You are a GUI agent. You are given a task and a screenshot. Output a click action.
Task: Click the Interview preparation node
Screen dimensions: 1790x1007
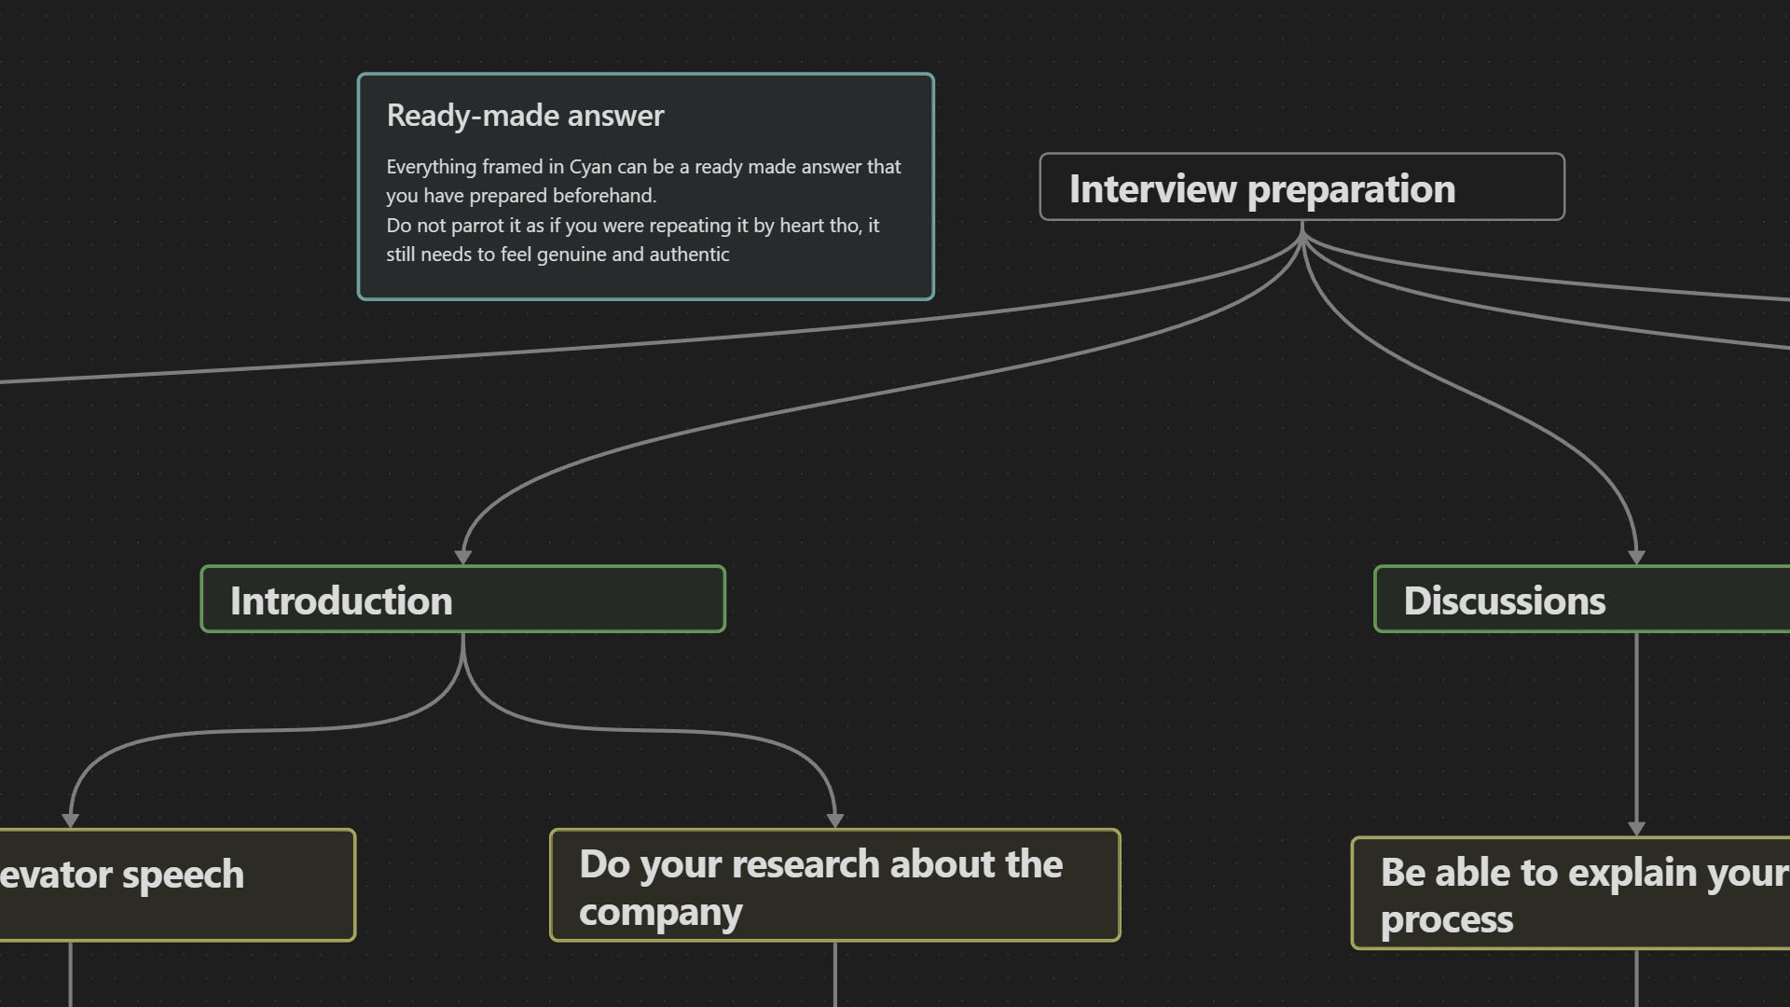click(1301, 186)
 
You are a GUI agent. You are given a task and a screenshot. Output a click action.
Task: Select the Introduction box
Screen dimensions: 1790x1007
click(462, 599)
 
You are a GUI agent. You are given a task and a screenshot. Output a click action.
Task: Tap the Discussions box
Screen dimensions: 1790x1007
click(1582, 599)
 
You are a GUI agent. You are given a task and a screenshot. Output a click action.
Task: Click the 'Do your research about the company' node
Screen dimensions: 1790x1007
click(834, 885)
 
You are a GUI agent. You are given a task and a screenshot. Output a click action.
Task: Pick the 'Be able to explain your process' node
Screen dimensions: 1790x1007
click(1571, 893)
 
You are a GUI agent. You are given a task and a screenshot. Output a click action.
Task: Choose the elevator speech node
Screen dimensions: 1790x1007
click(177, 885)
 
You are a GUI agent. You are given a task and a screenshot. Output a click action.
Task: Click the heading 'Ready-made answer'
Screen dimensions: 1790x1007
click(525, 116)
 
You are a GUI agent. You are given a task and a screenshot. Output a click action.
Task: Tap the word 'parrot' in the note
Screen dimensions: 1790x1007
click(479, 226)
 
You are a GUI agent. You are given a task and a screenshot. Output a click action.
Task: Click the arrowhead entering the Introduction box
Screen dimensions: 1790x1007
click(462, 558)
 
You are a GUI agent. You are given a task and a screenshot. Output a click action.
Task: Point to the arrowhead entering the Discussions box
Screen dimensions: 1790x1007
click(1636, 558)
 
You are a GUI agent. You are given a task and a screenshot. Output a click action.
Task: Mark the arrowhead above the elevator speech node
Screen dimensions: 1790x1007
click(70, 821)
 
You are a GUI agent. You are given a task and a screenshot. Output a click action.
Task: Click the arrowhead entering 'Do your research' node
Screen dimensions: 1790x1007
click(834, 821)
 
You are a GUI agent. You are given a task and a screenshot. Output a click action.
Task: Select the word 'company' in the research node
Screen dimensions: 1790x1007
click(660, 913)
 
